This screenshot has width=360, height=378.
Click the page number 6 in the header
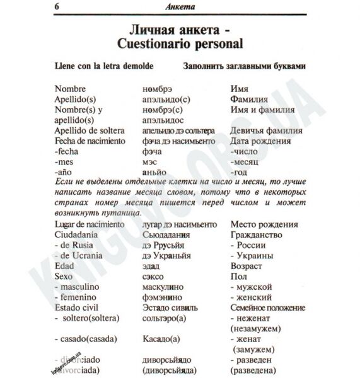tap(49, 8)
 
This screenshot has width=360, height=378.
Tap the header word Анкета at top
tap(179, 8)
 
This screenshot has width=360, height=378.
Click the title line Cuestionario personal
tap(179, 45)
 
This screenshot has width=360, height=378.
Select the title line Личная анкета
tap(179, 30)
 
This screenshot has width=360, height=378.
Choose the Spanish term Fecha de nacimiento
tap(90, 140)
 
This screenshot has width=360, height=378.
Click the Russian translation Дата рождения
tap(260, 140)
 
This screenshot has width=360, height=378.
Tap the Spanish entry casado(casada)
tap(89, 338)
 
